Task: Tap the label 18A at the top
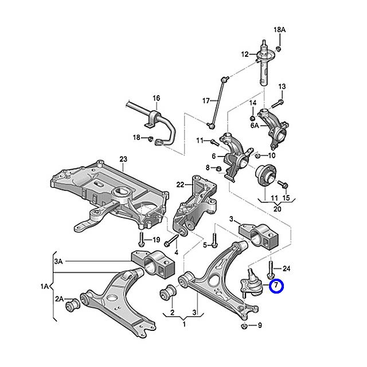[279, 29]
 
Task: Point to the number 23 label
[122, 159]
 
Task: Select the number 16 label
[156, 99]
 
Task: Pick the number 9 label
[260, 326]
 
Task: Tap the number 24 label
[287, 268]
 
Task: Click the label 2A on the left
[59, 299]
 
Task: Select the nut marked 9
[245, 326]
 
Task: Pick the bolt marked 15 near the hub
[282, 185]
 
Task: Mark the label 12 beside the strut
[245, 54]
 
